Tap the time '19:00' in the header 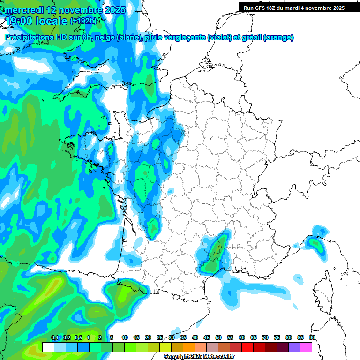[x=22, y=21]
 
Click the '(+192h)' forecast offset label [x=83, y=21]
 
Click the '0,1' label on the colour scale [x=54, y=337]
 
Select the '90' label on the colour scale [x=312, y=337]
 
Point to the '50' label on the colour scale [x=218, y=337]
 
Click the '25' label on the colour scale [x=160, y=337]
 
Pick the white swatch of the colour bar [x=48, y=347]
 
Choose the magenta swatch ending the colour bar [x=306, y=347]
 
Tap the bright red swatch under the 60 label [x=247, y=347]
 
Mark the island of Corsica [x=323, y=291]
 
